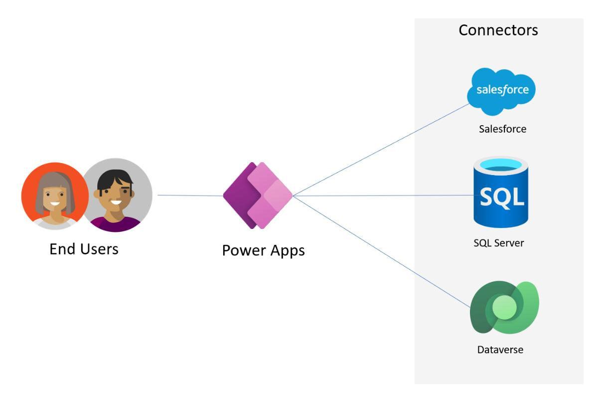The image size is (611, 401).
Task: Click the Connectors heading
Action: [498, 30]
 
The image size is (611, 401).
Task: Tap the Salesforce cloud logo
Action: [502, 90]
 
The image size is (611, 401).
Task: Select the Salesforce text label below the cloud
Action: [502, 129]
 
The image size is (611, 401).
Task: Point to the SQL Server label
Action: [498, 243]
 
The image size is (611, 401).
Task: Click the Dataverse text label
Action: [500, 349]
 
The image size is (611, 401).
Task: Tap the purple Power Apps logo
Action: [258, 196]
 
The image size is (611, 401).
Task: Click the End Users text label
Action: [84, 248]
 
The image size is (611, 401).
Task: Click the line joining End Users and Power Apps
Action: [189, 196]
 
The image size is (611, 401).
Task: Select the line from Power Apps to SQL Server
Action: [384, 196]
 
